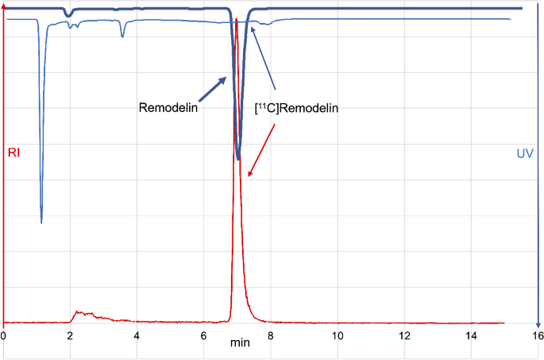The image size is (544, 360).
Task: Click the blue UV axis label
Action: [x=525, y=152]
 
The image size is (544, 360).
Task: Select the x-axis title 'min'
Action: [x=239, y=343]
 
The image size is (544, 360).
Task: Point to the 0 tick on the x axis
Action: [x=3, y=335]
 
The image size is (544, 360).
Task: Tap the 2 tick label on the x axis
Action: [x=70, y=335]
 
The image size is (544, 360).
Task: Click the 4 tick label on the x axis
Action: [x=137, y=335]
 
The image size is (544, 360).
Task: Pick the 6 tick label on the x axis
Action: [x=203, y=335]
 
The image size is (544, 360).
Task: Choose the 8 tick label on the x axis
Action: [x=271, y=335]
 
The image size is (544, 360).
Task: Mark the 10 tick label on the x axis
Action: [x=338, y=335]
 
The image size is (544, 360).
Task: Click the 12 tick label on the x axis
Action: [x=404, y=335]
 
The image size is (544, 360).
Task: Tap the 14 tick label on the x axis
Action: [x=471, y=335]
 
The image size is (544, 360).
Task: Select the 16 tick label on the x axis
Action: [x=538, y=335]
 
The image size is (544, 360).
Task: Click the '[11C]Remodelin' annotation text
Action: [x=295, y=109]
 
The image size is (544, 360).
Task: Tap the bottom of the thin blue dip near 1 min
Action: [x=41, y=223]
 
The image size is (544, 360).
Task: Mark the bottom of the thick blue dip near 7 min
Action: [x=238, y=159]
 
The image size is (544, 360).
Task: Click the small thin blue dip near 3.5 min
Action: [x=122, y=36]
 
